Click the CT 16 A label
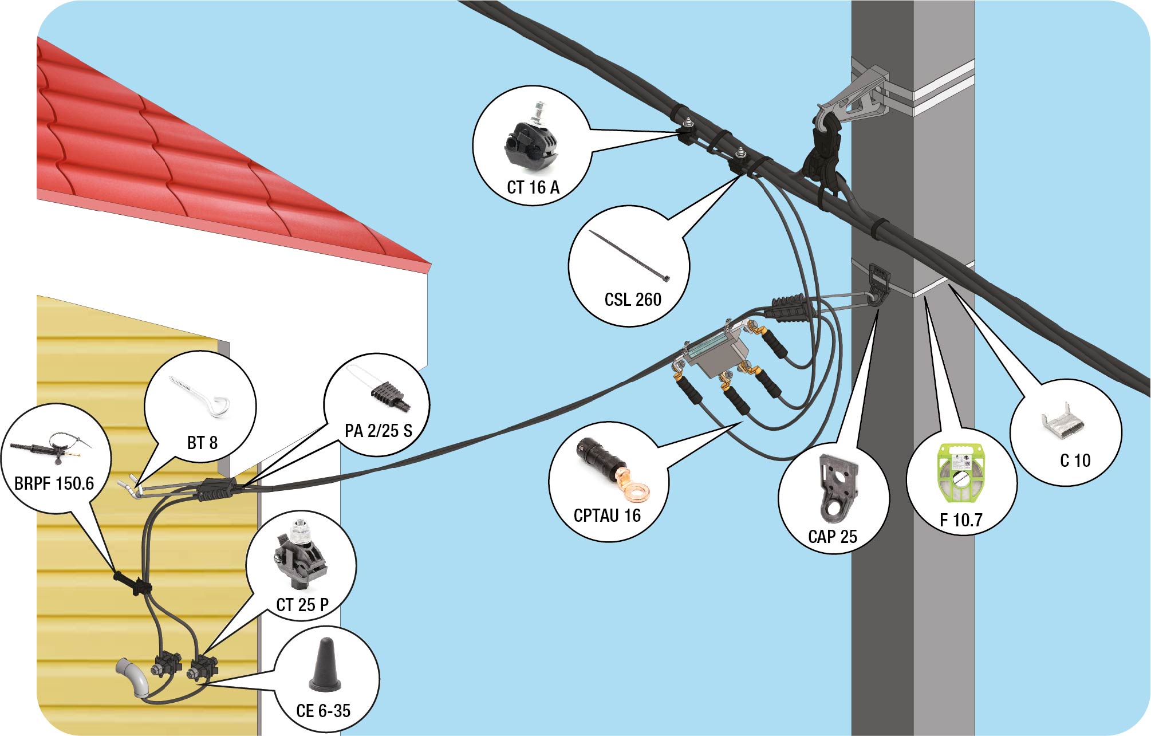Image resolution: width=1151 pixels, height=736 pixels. tap(533, 187)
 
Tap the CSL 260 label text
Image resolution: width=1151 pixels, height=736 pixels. tap(633, 300)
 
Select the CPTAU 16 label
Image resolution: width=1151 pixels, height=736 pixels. tap(607, 515)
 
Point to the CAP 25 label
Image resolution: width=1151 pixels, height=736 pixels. tap(833, 537)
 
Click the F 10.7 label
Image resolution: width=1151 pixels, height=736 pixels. tap(961, 520)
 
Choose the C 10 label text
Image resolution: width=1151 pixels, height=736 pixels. tap(1075, 461)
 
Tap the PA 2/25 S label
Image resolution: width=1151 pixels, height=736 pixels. tap(379, 431)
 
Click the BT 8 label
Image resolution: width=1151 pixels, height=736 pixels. tap(202, 443)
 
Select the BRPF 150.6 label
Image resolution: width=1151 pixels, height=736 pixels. tap(54, 483)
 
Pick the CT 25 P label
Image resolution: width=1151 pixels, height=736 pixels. tap(302, 605)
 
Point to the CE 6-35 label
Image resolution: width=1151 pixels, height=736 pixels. tap(324, 711)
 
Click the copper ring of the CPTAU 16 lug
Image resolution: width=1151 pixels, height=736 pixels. tap(637, 491)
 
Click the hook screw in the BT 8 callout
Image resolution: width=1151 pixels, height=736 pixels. tap(200, 396)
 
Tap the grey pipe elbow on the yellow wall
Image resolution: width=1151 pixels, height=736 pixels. tap(134, 677)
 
